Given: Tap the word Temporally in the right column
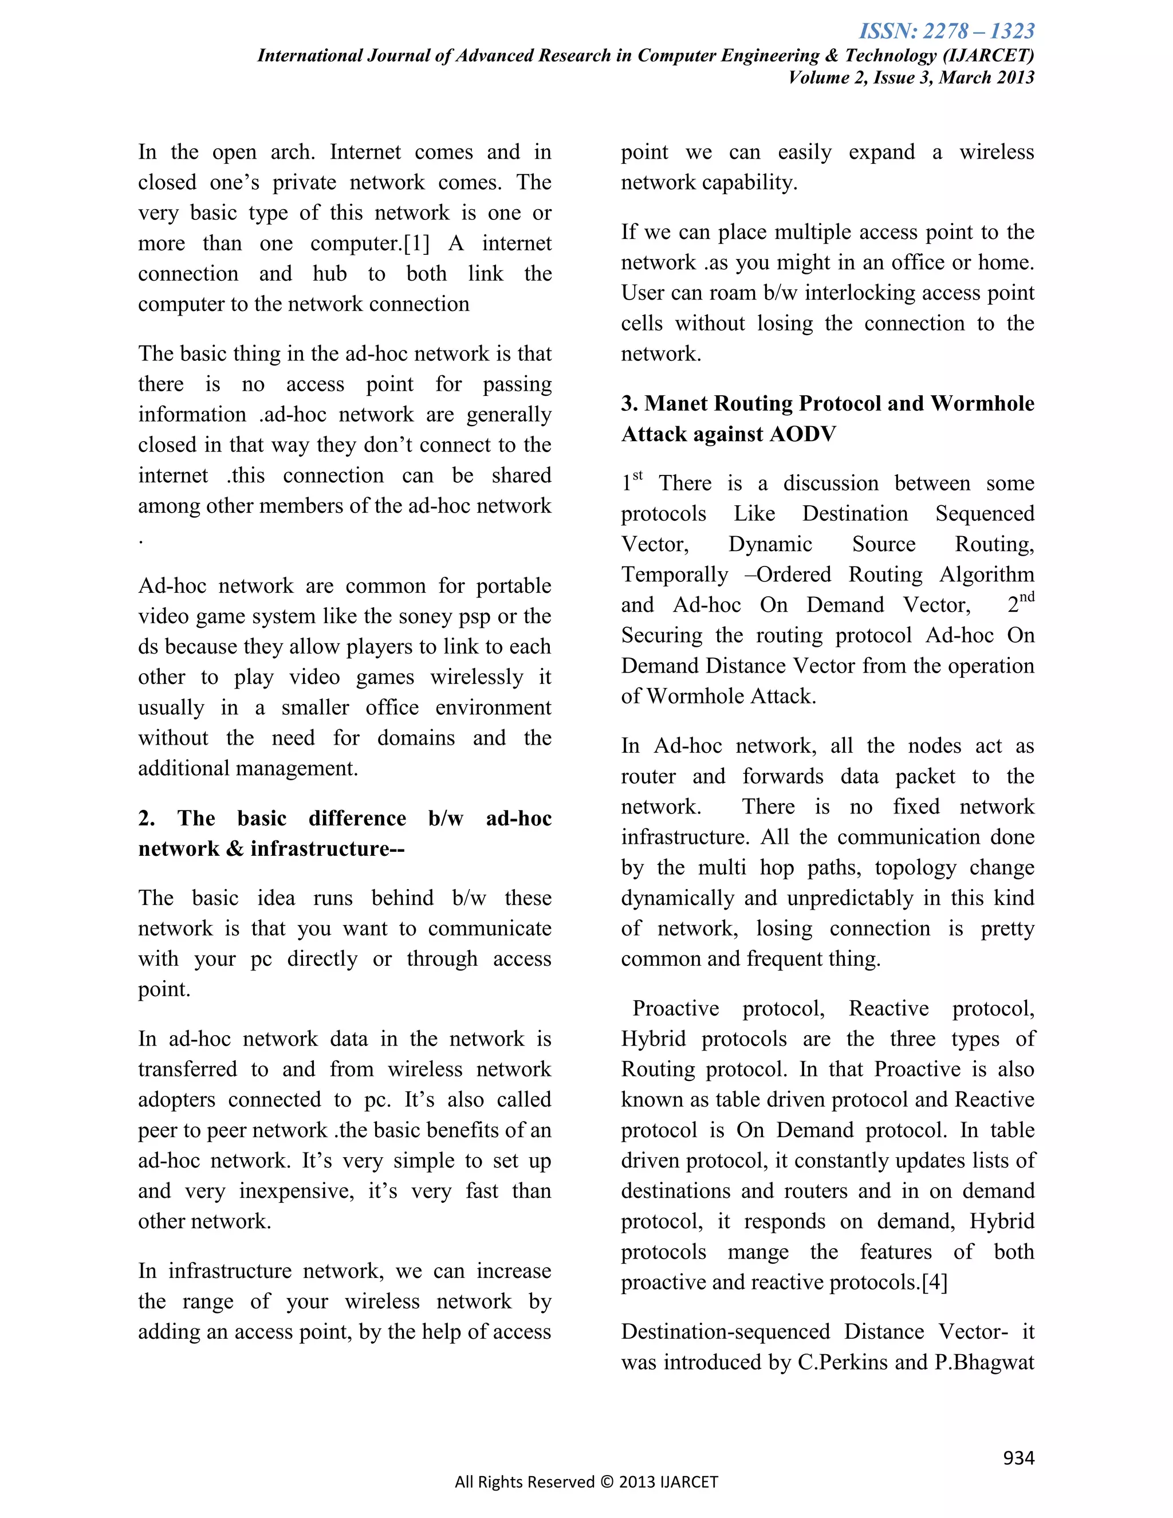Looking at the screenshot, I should pyautogui.click(x=674, y=575).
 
